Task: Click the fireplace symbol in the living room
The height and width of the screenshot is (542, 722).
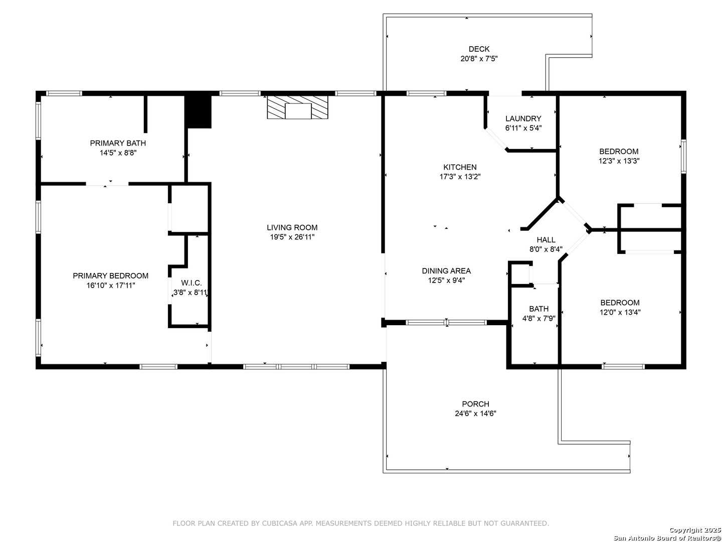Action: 297,107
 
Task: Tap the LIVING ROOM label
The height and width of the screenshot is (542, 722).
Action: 292,227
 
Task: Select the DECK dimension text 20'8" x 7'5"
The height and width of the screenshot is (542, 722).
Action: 479,59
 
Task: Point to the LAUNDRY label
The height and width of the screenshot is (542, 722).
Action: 523,118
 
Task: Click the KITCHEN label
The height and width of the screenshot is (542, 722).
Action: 460,167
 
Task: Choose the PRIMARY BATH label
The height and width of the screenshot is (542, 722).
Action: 118,143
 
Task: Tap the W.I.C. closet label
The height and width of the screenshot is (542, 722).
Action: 191,283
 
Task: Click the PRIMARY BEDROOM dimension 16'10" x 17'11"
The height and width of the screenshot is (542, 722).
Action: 111,286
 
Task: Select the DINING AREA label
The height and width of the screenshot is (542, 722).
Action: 446,271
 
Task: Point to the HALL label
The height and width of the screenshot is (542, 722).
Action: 546,240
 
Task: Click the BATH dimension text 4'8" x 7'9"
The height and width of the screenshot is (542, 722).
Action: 539,319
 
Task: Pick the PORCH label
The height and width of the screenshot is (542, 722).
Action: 476,404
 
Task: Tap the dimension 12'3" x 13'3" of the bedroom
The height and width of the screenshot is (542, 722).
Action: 619,161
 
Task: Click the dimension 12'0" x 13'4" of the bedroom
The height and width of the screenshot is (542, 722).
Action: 620,312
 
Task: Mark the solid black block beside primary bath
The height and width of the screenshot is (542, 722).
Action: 198,112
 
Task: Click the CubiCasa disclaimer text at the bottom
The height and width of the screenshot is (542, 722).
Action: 361,523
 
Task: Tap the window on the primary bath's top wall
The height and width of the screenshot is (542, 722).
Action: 64,93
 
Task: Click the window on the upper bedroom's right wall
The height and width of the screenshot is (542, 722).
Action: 683,156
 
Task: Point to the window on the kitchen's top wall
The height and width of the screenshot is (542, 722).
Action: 427,93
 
